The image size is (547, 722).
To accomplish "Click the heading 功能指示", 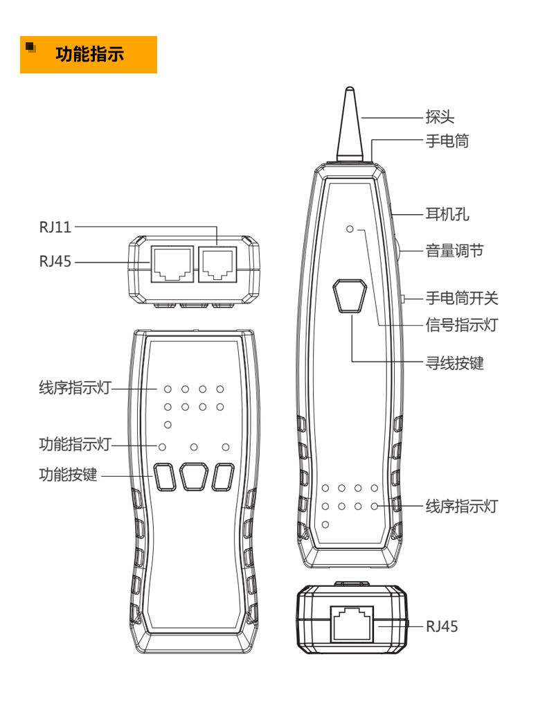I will (x=89, y=54).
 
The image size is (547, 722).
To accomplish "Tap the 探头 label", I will (x=440, y=117).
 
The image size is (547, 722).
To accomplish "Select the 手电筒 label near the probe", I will (x=447, y=141).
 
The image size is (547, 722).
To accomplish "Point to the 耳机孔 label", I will (x=447, y=214).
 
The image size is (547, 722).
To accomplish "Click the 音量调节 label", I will (x=454, y=251).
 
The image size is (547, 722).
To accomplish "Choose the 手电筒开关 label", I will (x=462, y=299).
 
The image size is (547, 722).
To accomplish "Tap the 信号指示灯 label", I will (x=462, y=324).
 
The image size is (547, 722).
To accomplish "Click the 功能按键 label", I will (x=68, y=475).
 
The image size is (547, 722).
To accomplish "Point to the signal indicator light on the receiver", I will (x=350, y=229).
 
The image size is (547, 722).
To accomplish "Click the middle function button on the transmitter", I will (x=194, y=477).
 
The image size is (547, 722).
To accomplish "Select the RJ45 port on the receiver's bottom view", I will (x=352, y=623).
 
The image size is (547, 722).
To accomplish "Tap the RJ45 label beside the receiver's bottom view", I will (x=442, y=626).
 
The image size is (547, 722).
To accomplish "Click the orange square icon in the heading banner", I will (x=30, y=47).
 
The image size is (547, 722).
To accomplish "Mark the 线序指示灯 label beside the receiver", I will (x=462, y=507).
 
